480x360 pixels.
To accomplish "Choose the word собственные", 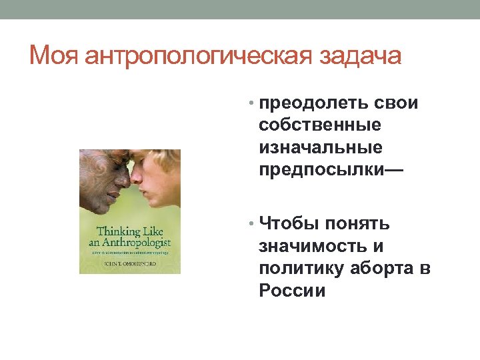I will coord(320,125).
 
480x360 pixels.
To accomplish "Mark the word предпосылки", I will coord(321,167).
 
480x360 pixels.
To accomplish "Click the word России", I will coord(293,291).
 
